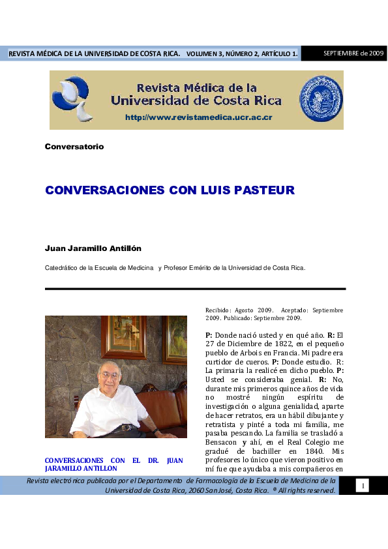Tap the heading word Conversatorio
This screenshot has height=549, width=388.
coord(74,147)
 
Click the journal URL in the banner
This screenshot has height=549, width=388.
coord(198,117)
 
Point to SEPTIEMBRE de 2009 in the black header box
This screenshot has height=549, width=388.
coord(353,53)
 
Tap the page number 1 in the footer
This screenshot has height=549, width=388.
coord(363,485)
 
